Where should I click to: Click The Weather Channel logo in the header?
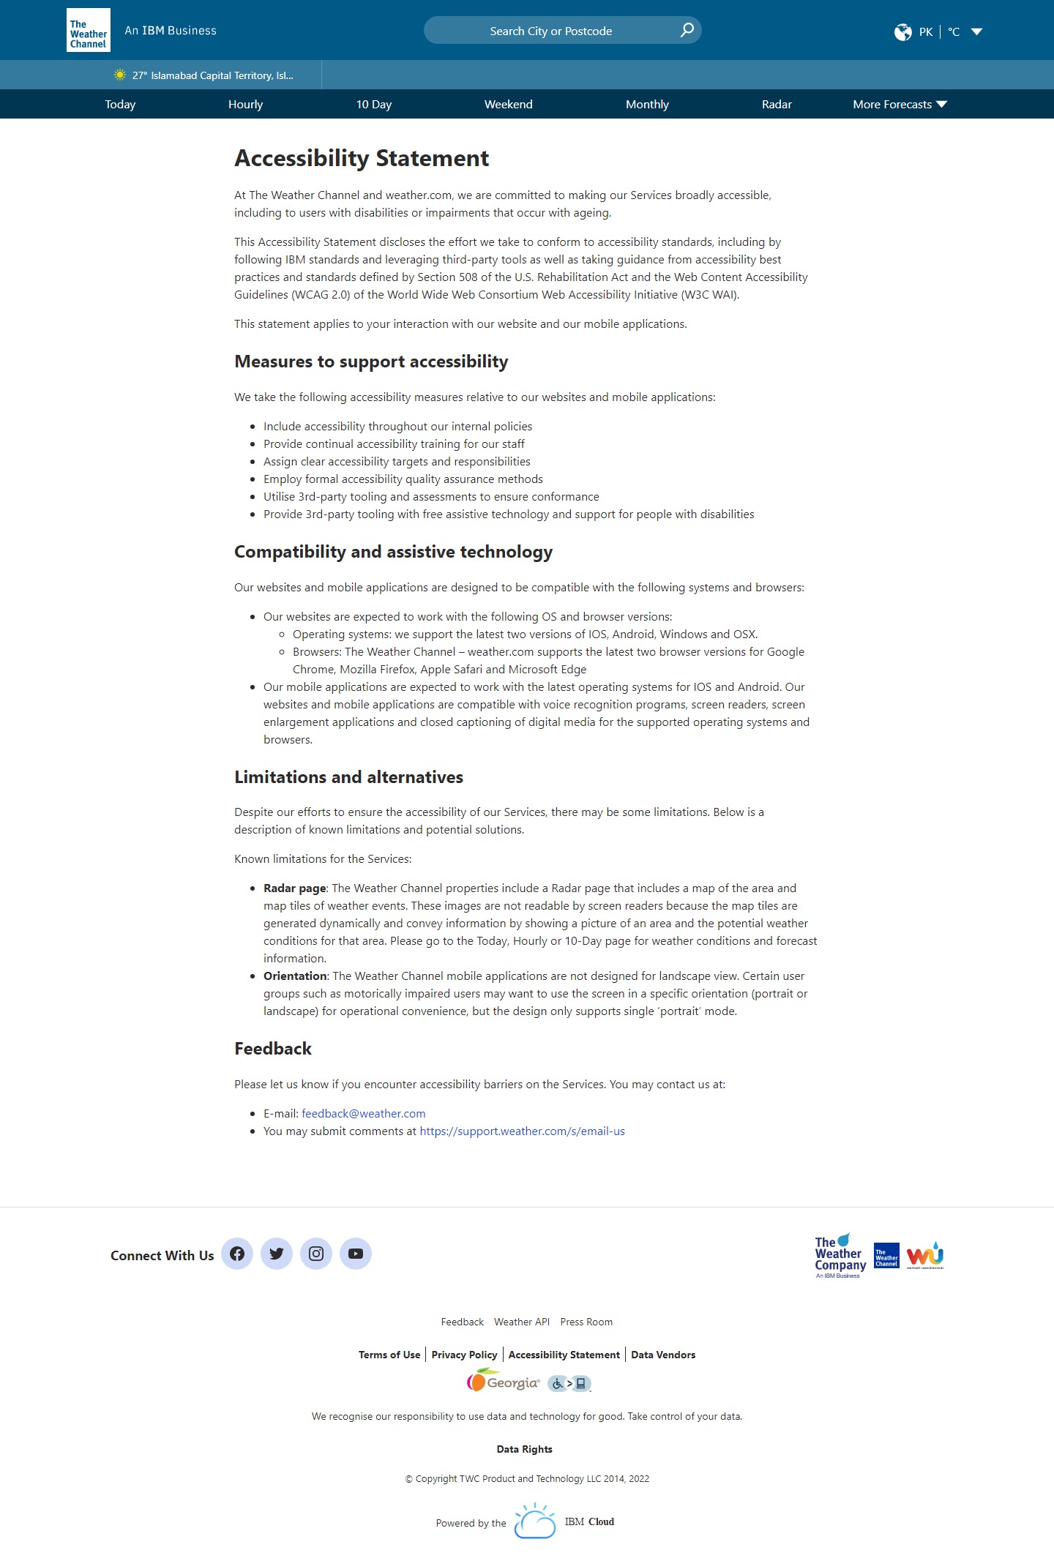(x=89, y=30)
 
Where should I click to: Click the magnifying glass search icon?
(x=687, y=30)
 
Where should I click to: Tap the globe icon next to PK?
(x=902, y=31)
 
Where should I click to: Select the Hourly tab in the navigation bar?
(x=245, y=104)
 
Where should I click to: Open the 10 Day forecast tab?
(x=373, y=104)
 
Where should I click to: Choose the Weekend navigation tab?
(x=508, y=104)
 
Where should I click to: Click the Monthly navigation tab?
(x=647, y=104)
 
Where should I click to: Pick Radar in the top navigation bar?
(x=776, y=104)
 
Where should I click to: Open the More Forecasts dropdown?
(x=900, y=104)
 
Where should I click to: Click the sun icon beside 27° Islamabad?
(x=120, y=75)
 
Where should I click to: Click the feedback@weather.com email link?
(x=363, y=1113)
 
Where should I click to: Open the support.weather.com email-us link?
(x=522, y=1131)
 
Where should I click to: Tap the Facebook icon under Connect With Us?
(x=237, y=1254)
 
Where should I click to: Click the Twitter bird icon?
(x=277, y=1254)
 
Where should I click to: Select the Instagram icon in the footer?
(x=316, y=1254)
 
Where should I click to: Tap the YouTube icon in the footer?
(x=356, y=1254)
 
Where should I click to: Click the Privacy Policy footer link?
(x=464, y=1355)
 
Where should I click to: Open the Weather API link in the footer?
(x=521, y=1322)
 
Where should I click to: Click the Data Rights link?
(x=524, y=1449)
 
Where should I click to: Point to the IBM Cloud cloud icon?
(x=535, y=1521)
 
